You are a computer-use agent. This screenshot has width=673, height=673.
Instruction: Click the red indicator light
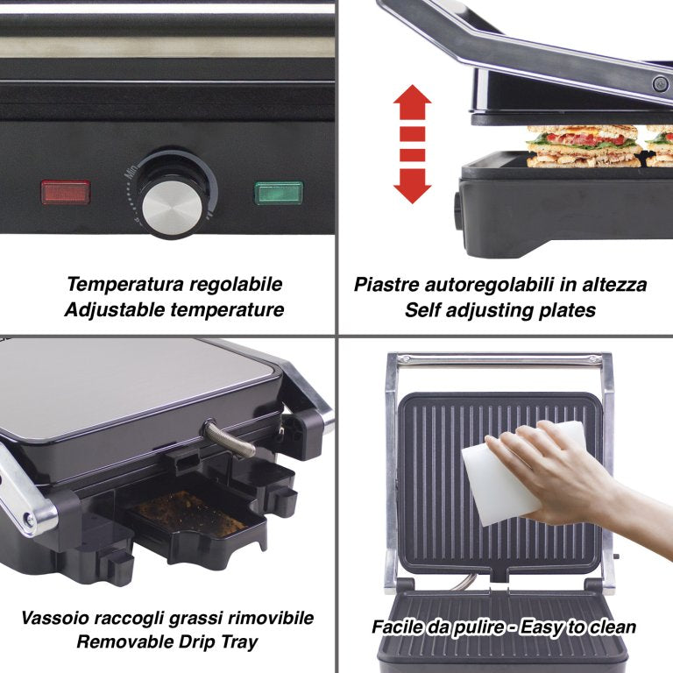click(66, 192)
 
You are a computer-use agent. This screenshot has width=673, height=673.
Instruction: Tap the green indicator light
click(279, 193)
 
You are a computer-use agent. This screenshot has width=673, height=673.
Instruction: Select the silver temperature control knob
click(172, 208)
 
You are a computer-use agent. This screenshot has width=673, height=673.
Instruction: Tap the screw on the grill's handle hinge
click(661, 84)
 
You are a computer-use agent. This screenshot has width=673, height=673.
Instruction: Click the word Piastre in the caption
click(386, 285)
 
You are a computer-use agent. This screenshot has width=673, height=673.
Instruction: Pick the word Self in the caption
click(422, 310)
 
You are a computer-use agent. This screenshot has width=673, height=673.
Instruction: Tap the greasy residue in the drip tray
click(190, 514)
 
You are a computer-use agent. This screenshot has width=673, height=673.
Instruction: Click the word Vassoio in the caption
click(54, 618)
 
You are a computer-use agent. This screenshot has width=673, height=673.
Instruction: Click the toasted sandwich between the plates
click(584, 146)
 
